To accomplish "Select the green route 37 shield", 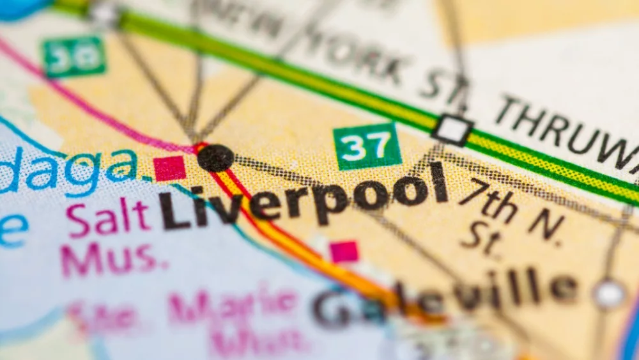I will [x=367, y=146].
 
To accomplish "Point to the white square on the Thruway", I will [x=452, y=130].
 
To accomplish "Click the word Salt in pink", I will [x=108, y=215].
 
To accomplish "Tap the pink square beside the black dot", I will [x=169, y=168].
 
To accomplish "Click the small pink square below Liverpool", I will [x=344, y=251].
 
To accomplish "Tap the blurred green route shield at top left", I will [x=74, y=56].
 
